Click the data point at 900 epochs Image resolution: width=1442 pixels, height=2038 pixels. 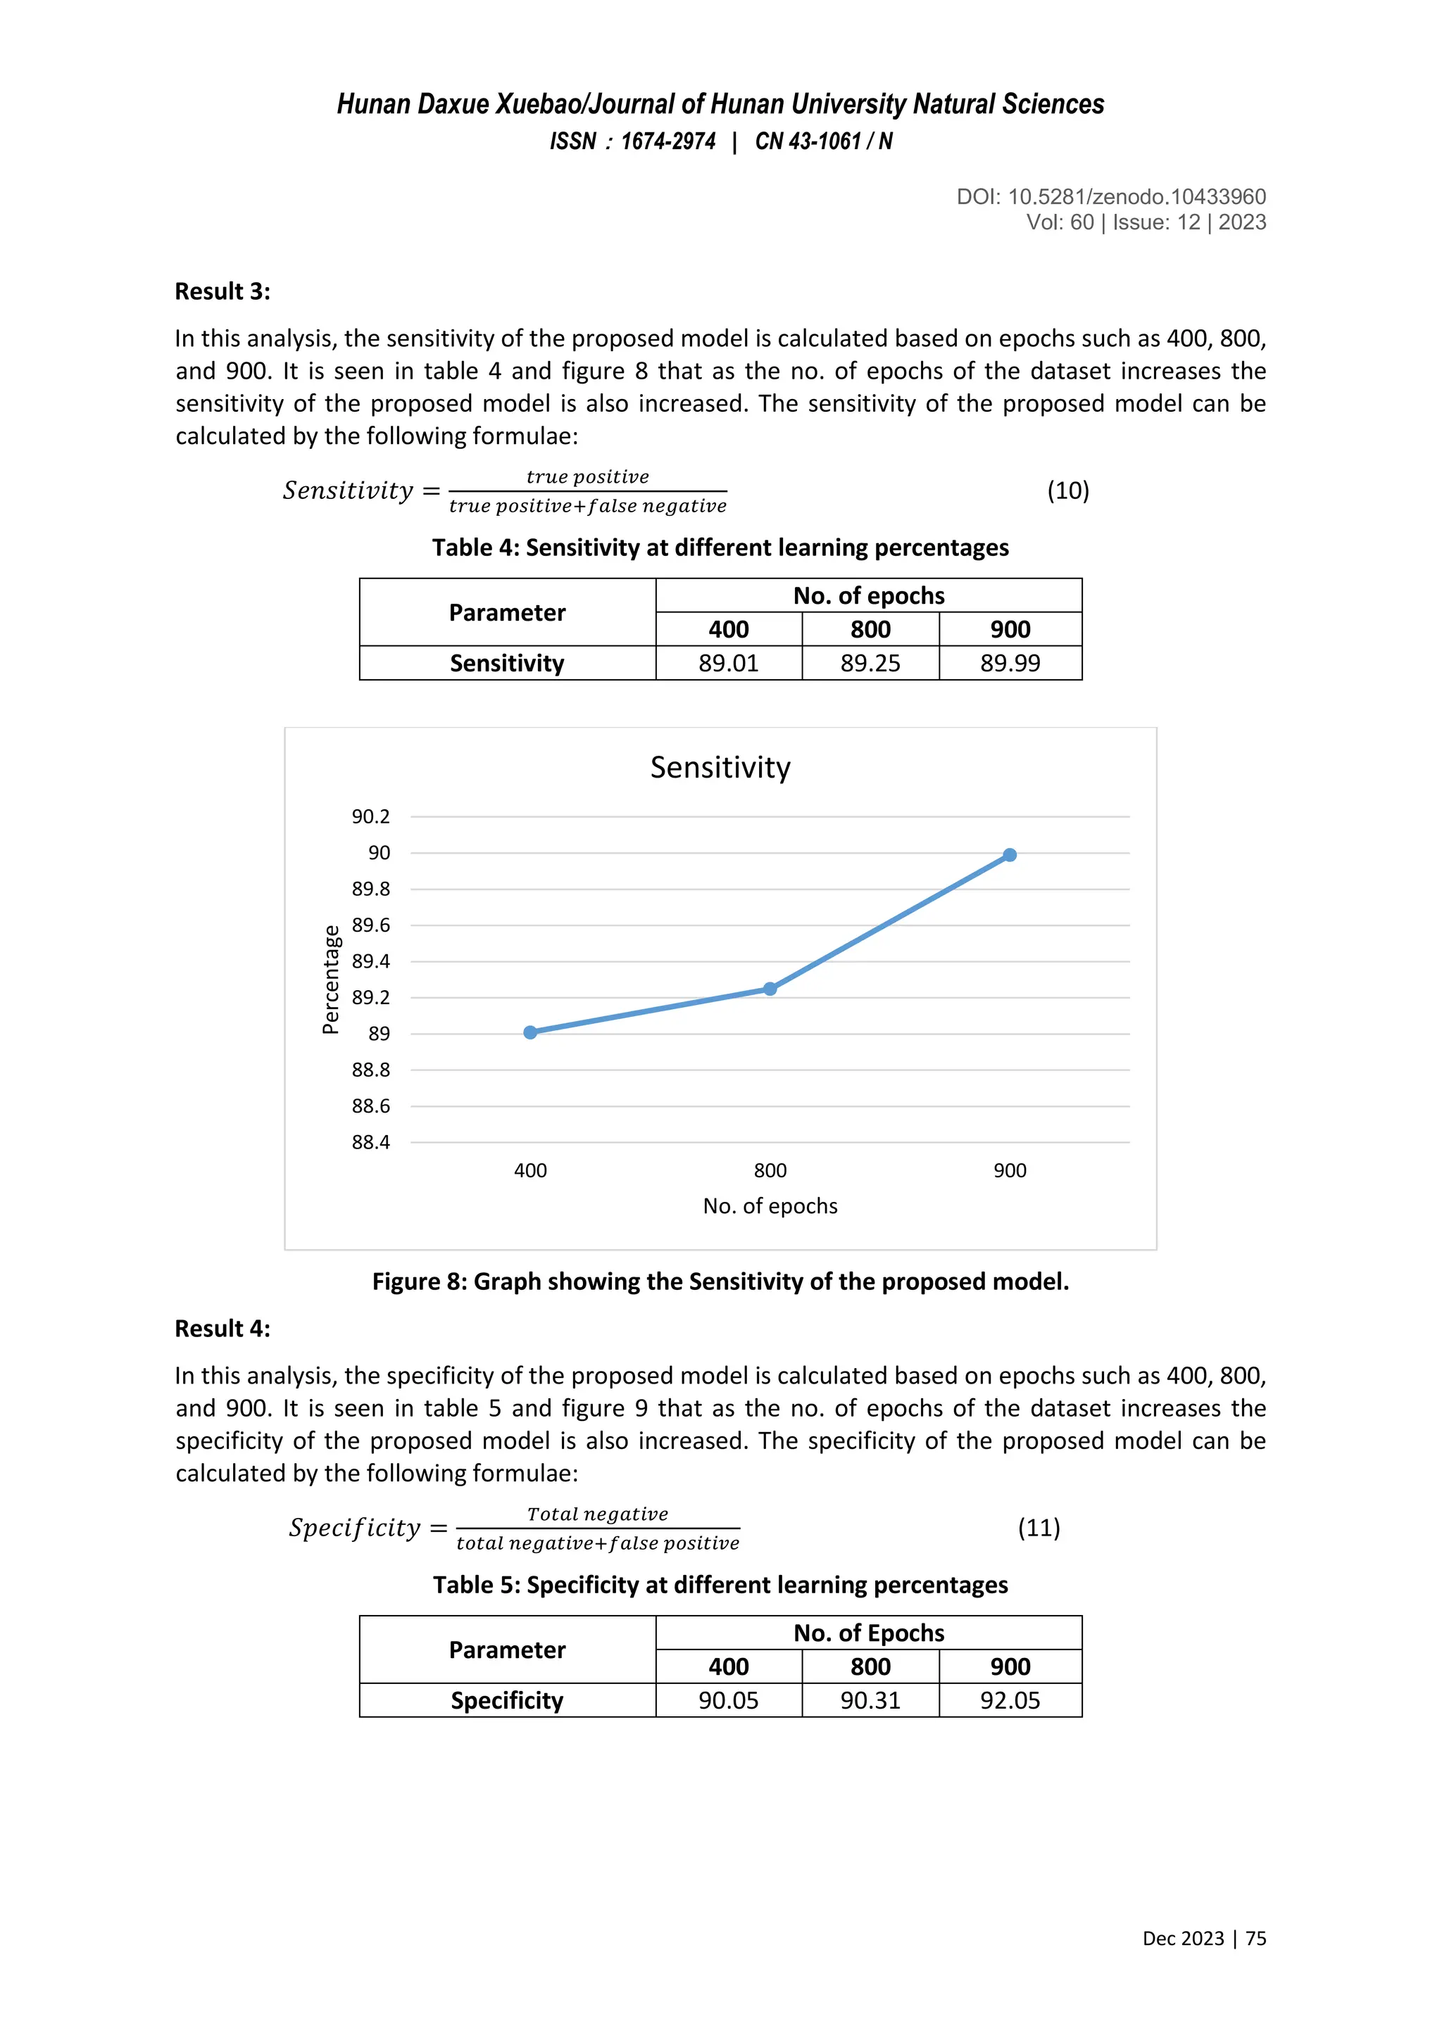pyautogui.click(x=1010, y=855)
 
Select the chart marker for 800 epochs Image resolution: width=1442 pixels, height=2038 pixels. pyautogui.click(x=770, y=989)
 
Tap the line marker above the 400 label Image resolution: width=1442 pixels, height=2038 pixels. pyautogui.click(x=530, y=1032)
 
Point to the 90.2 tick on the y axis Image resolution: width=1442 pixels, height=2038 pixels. pyautogui.click(x=370, y=816)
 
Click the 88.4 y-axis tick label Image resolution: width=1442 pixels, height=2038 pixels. pyautogui.click(x=370, y=1142)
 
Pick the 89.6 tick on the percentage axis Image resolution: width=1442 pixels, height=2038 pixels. pyautogui.click(x=370, y=925)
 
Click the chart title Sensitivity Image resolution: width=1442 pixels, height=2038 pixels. pyautogui.click(x=720, y=767)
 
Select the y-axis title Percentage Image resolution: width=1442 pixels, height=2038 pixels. pyautogui.click(x=330, y=979)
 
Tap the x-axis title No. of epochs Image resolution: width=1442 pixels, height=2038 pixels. pyautogui.click(x=770, y=1205)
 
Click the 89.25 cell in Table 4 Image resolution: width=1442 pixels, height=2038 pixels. pyautogui.click(x=870, y=663)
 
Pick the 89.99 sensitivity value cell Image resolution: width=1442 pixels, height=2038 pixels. pyautogui.click(x=1010, y=663)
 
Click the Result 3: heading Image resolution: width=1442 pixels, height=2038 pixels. pyautogui.click(x=222, y=291)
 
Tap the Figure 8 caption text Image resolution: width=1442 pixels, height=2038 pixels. pyautogui.click(x=720, y=1281)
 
